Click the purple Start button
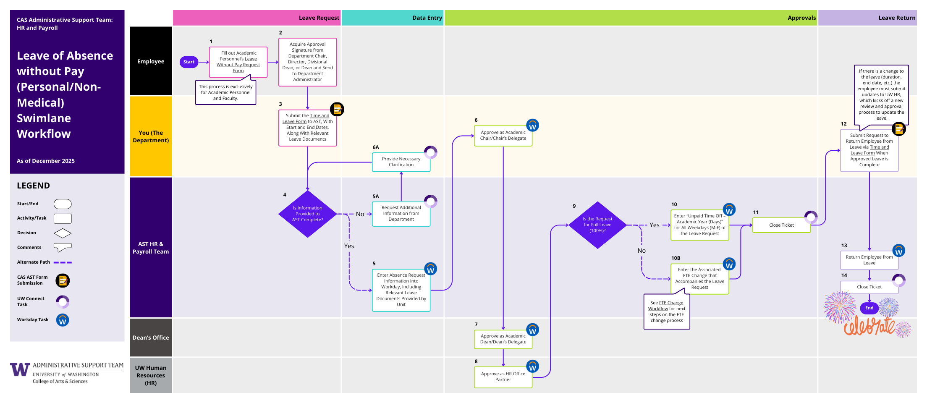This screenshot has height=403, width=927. click(x=189, y=62)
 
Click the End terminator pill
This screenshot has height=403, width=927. click(x=869, y=308)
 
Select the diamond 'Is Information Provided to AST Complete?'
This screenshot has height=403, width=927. click(x=307, y=214)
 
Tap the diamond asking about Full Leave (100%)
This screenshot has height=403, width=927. click(x=597, y=225)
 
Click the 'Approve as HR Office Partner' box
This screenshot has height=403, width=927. click(x=503, y=377)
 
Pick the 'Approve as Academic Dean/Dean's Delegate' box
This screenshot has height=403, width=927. click(x=503, y=339)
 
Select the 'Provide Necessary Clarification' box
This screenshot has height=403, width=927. click(x=401, y=162)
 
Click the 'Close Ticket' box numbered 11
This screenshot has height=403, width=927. click(x=781, y=225)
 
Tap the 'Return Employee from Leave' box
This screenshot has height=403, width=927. click(x=869, y=260)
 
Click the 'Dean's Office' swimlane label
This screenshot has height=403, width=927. click(x=151, y=338)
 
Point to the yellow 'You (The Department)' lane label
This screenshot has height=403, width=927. click(x=151, y=136)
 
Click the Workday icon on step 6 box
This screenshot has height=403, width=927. click(x=532, y=126)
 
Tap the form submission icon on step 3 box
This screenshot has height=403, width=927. click(x=337, y=109)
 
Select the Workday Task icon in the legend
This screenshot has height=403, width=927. click(x=63, y=320)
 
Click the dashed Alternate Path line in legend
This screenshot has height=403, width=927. click(x=63, y=262)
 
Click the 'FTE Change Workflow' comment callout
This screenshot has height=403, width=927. click(x=667, y=311)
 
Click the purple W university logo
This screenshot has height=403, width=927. click(x=20, y=369)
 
